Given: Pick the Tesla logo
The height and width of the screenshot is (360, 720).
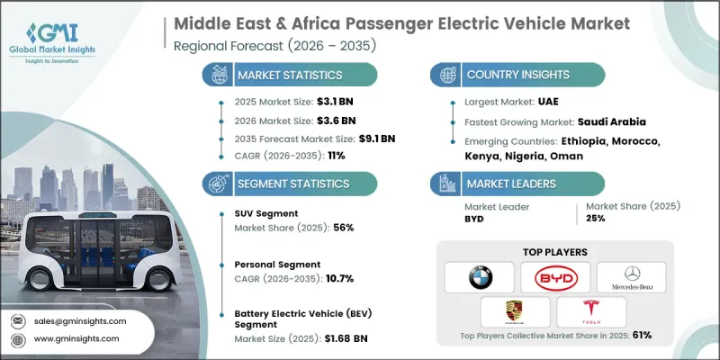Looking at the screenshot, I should (x=592, y=311).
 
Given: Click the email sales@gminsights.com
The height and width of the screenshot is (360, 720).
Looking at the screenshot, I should (x=79, y=320).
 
